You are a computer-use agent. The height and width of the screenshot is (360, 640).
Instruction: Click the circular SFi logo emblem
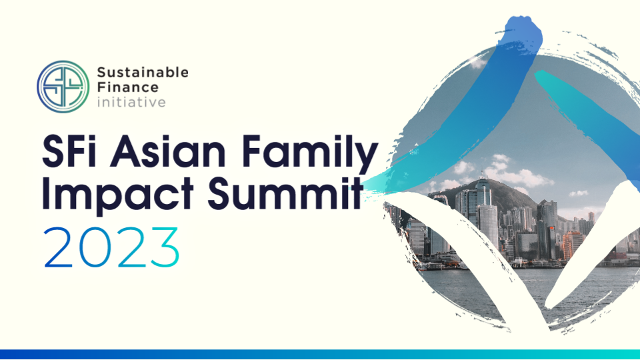63,87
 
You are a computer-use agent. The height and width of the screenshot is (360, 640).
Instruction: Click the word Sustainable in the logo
143,73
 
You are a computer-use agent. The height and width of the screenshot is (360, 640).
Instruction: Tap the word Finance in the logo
128,87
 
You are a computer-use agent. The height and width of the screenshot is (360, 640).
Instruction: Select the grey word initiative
131,102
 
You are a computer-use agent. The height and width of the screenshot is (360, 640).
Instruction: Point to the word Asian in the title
168,151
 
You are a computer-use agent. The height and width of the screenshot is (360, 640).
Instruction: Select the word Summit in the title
285,193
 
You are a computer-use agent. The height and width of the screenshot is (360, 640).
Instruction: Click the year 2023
111,247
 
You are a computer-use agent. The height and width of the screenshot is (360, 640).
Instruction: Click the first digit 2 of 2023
59,247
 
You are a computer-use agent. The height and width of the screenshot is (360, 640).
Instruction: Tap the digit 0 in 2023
95,247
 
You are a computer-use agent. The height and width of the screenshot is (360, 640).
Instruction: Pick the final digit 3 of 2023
165,247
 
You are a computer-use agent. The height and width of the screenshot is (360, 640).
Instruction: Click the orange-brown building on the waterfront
571,245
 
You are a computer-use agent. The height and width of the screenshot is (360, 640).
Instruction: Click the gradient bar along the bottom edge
320,354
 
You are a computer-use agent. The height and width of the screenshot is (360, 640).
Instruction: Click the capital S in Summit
219,193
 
